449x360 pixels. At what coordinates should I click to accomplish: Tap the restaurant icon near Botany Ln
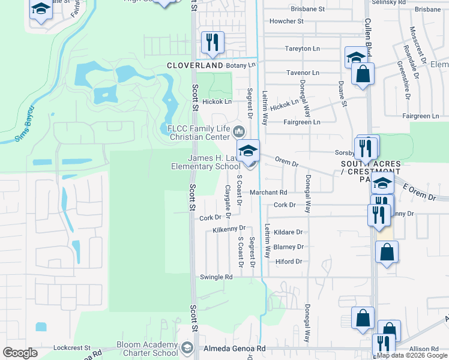tap(212, 42)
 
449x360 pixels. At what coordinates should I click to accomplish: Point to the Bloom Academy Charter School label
tap(148, 349)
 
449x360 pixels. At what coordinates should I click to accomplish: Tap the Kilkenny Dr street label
tap(229, 229)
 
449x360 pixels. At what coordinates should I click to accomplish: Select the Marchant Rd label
tap(269, 193)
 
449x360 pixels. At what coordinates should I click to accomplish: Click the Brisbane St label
tap(307, 10)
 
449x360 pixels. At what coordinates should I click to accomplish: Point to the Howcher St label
tap(287, 21)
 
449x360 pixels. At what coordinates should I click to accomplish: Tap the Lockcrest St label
tap(71, 347)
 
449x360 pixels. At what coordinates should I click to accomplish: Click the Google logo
tap(20, 353)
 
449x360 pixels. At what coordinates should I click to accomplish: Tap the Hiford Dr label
tap(288, 262)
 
